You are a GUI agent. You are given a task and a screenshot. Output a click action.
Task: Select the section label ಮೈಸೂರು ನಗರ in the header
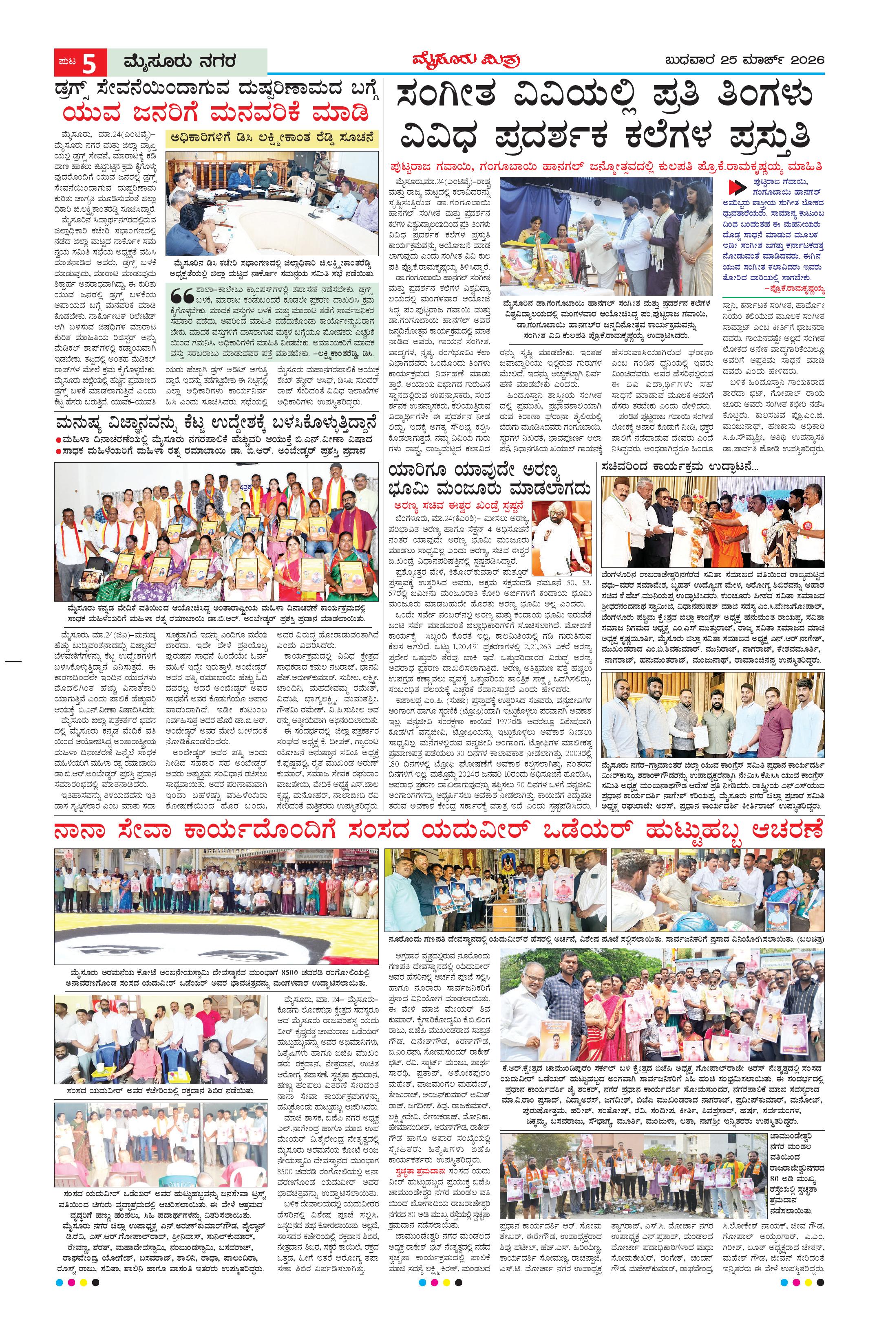coord(174,61)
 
